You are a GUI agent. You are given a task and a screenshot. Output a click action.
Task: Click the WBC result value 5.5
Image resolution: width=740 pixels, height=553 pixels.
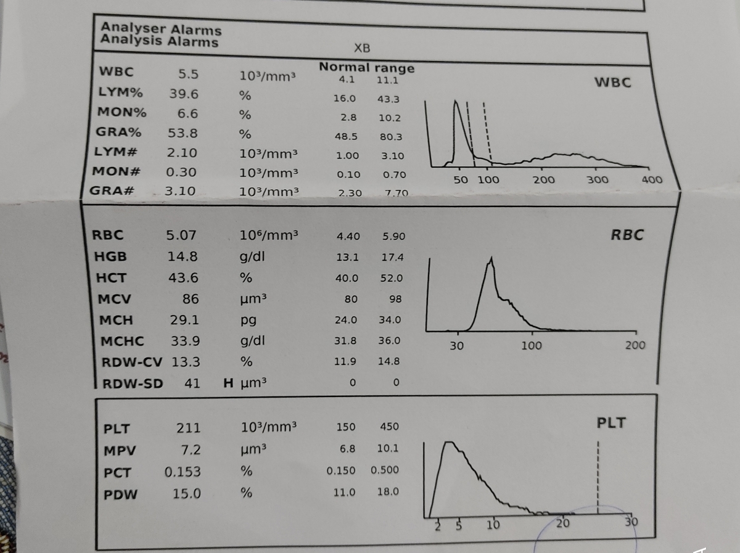188,74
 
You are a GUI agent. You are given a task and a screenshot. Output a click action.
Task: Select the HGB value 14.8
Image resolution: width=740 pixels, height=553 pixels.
183,257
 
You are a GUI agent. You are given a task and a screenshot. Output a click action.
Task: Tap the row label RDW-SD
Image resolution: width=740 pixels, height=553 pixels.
133,384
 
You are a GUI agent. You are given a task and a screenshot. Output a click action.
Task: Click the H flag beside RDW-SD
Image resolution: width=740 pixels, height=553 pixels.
228,383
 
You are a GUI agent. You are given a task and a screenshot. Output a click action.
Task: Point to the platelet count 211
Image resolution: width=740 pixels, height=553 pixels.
189,428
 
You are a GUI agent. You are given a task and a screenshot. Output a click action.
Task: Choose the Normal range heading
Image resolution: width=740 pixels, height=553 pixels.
367,67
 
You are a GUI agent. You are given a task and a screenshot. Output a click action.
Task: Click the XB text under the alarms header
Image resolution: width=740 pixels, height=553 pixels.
362,49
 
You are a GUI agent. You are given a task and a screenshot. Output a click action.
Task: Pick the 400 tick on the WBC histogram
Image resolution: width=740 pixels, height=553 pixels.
652,179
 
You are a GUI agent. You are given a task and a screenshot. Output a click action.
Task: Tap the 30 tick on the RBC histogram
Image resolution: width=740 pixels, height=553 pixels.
457,346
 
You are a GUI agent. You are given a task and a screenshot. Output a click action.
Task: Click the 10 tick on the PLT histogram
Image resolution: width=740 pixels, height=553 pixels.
493,525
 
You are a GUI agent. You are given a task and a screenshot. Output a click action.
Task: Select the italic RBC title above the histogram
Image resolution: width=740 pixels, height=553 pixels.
627,235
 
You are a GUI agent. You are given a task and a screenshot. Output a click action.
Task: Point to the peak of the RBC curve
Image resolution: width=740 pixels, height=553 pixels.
491,258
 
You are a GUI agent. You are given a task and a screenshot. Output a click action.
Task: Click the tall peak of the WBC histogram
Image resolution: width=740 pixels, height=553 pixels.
456,101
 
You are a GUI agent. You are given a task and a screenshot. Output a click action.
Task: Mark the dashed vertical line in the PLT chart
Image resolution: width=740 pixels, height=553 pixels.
598,478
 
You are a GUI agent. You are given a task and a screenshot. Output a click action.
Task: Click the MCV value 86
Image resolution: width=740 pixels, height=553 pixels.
191,299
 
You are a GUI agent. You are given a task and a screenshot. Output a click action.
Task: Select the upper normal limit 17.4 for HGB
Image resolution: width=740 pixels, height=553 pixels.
392,258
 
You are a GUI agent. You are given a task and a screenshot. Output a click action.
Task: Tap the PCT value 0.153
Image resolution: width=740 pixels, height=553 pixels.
183,472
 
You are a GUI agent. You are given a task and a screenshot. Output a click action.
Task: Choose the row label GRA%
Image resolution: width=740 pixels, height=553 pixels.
118,132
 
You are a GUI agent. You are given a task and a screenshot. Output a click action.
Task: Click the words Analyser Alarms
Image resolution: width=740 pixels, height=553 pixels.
161,28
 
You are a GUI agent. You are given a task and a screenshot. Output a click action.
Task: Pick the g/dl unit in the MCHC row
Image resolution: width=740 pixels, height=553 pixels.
252,341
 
